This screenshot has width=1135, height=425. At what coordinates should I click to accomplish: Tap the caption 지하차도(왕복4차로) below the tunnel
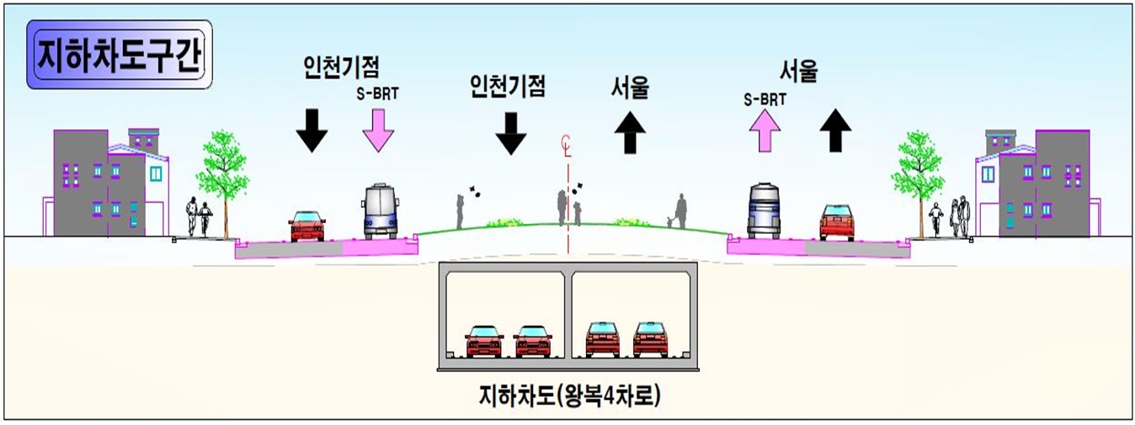pyautogui.click(x=569, y=395)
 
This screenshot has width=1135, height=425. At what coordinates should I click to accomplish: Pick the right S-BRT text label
pyautogui.click(x=765, y=98)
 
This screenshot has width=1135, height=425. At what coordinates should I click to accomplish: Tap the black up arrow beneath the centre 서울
pyautogui.click(x=630, y=130)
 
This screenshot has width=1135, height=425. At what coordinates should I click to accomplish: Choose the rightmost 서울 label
pyautogui.click(x=799, y=73)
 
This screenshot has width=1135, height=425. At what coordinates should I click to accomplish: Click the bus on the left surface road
pyautogui.click(x=381, y=211)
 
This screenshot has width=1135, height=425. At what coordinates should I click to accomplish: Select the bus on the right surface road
pyautogui.click(x=764, y=210)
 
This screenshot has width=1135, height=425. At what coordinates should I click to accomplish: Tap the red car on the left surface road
pyautogui.click(x=306, y=226)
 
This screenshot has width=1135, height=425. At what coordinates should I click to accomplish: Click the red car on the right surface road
pyautogui.click(x=836, y=223)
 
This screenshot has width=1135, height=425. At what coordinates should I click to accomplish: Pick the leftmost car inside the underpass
pyautogui.click(x=484, y=341)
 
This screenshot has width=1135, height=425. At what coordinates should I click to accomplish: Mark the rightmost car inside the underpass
pyautogui.click(x=650, y=339)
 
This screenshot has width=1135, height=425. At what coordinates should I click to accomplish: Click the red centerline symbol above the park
pyautogui.click(x=567, y=146)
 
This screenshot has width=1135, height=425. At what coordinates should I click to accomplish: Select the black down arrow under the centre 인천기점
pyautogui.click(x=510, y=132)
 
